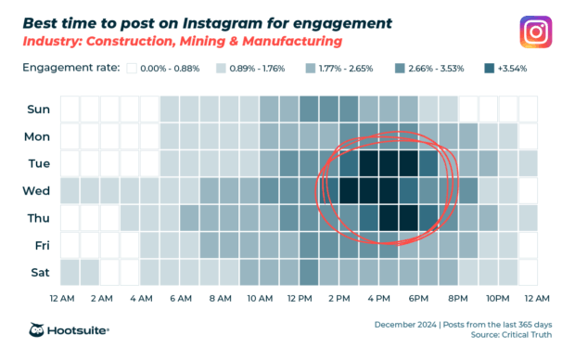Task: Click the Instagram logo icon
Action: pyautogui.click(x=536, y=32)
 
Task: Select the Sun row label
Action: pyautogui.click(x=38, y=109)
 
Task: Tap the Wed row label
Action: pyautogui.click(x=37, y=191)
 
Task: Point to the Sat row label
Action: pyautogui.click(x=39, y=273)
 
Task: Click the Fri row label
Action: pyautogui.click(x=41, y=246)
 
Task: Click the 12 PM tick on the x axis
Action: pyautogui.click(x=300, y=299)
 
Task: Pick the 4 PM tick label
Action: pyautogui.click(x=378, y=299)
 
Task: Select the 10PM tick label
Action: pyautogui.click(x=497, y=299)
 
